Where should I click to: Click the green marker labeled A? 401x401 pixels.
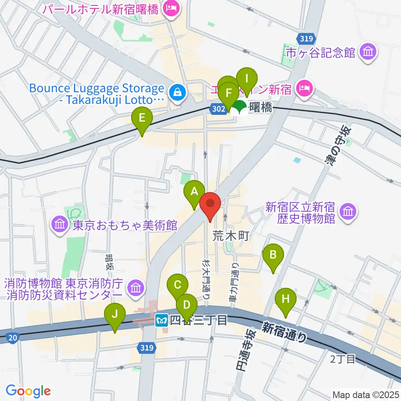click(194, 192)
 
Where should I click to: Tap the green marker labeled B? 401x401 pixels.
click(273, 255)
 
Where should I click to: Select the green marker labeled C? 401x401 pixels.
click(177, 286)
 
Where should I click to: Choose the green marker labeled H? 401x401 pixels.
click(286, 299)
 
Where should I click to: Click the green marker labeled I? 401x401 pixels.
click(246, 78)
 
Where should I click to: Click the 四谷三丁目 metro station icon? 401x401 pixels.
click(161, 320)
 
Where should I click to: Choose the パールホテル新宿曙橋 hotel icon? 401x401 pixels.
click(171, 8)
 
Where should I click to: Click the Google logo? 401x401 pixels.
click(28, 391)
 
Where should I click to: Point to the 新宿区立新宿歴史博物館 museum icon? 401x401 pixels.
click(348, 212)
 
